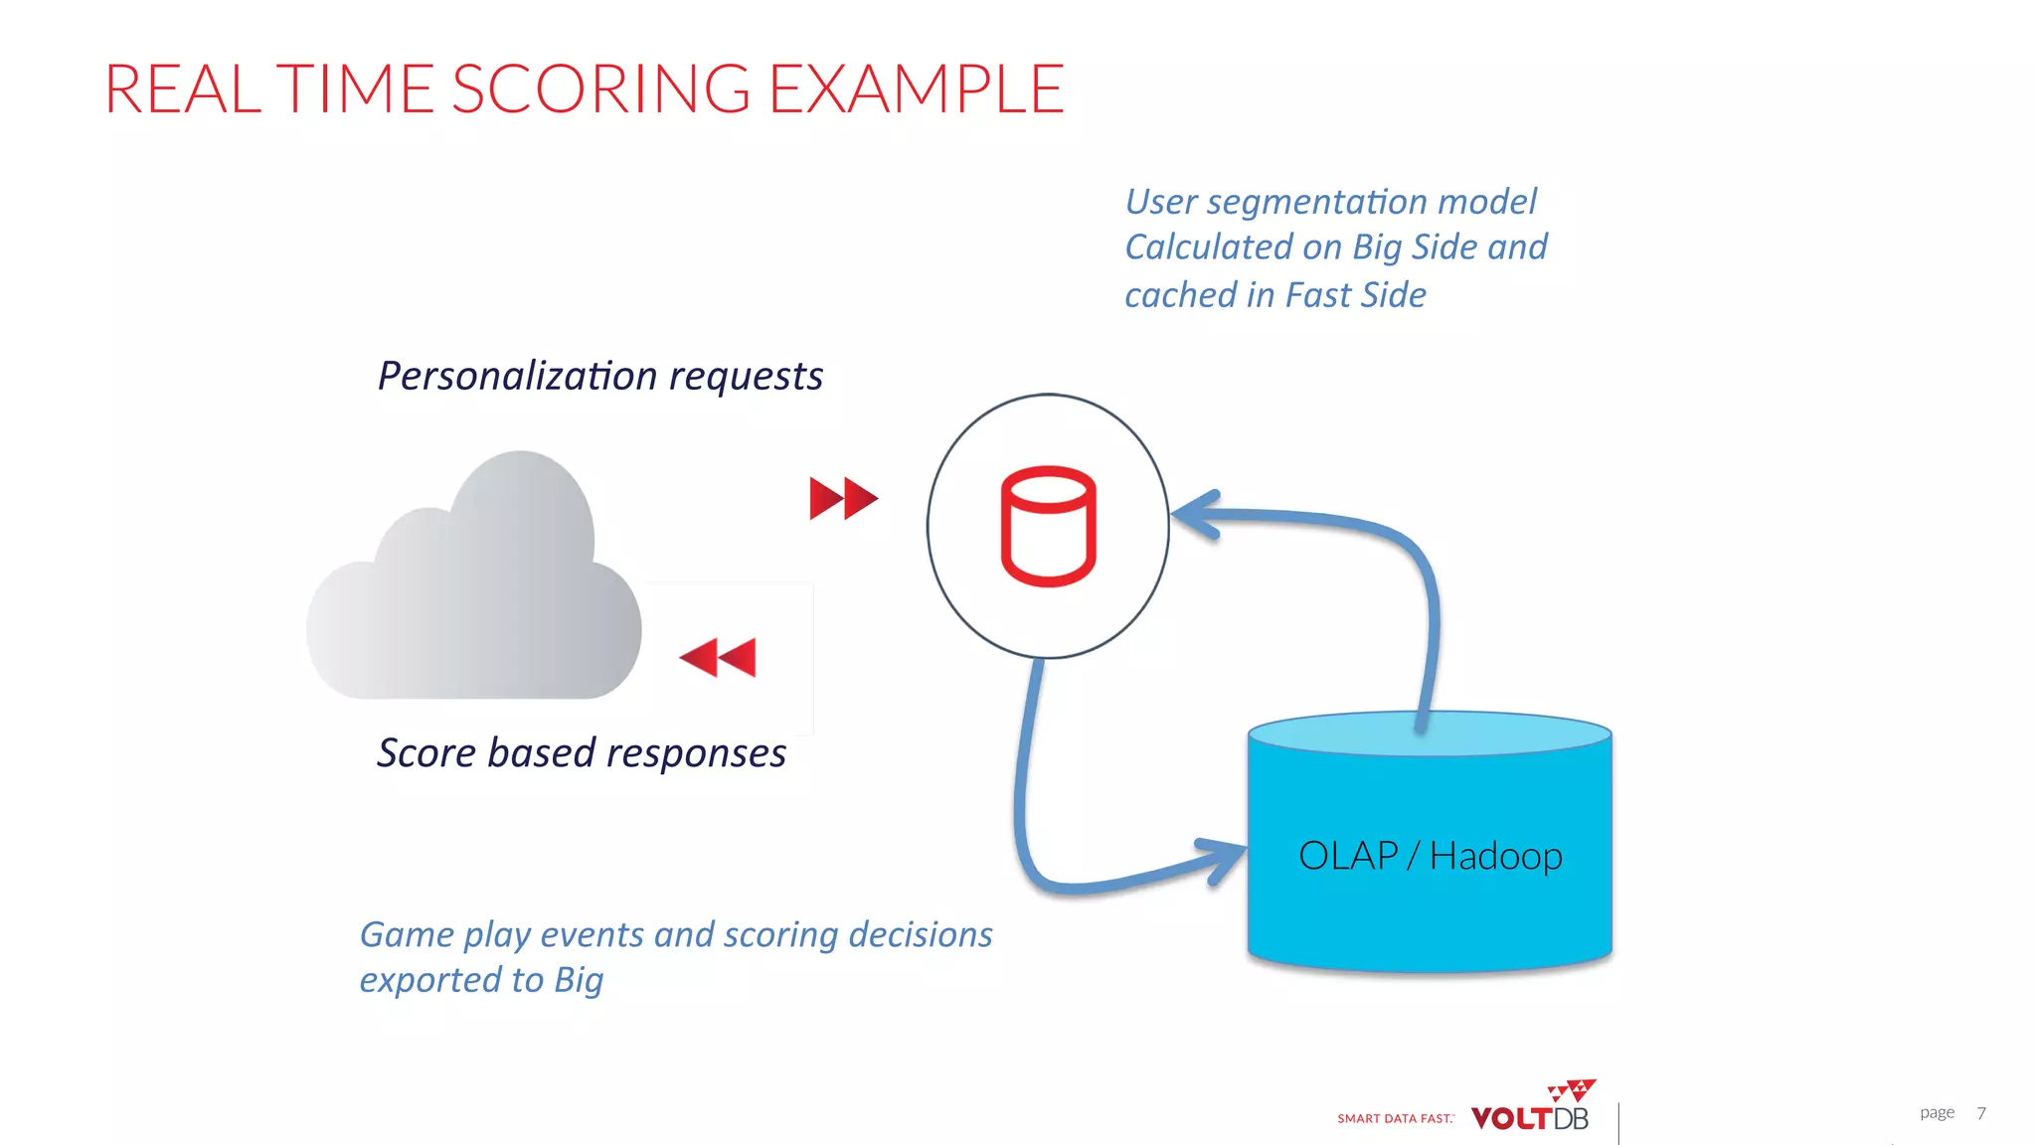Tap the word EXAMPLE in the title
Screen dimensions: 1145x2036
916,89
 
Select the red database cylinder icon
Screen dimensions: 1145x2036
1048,526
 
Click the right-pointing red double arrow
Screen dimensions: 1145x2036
843,498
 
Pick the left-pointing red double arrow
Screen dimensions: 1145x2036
718,657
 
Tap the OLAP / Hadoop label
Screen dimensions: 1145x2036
1430,856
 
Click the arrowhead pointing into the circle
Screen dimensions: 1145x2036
1197,514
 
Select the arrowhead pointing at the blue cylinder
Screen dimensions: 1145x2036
1225,859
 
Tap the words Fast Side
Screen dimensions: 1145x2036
1355,295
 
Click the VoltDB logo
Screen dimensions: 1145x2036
1531,1110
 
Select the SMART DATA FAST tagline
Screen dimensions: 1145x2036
1395,1119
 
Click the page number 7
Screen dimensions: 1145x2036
1980,1113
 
